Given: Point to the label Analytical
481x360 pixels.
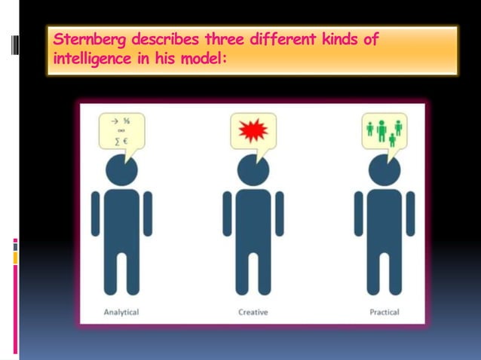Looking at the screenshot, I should pos(121,312).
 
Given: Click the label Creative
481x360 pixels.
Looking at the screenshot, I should pos(253,312).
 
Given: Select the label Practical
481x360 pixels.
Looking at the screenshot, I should pos(384,312).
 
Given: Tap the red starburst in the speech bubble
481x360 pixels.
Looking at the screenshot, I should pos(253,131).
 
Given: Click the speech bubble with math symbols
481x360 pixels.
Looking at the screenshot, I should pos(121,131).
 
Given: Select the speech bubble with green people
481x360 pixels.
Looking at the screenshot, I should pos(384,130).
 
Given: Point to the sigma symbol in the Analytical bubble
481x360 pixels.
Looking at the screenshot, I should pos(116,140).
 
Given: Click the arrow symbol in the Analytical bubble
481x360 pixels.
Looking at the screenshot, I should pos(115,121).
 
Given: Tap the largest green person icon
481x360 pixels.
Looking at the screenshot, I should pos(381,130).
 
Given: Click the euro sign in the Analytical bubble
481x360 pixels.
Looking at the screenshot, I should pos(125,140).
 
